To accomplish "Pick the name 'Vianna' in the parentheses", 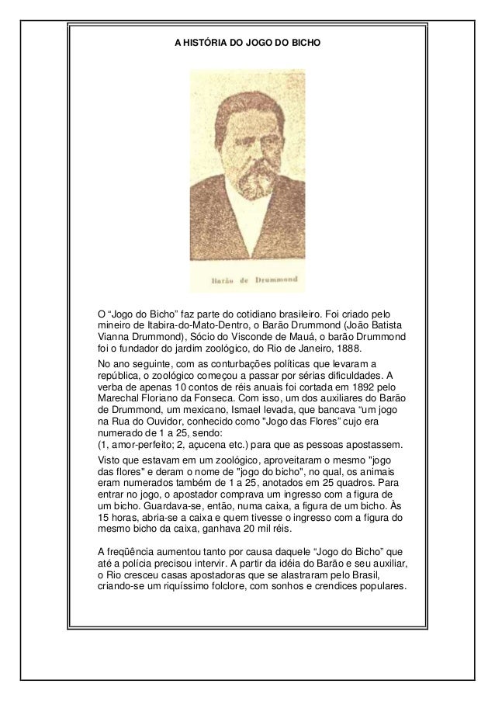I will (x=113, y=335).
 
